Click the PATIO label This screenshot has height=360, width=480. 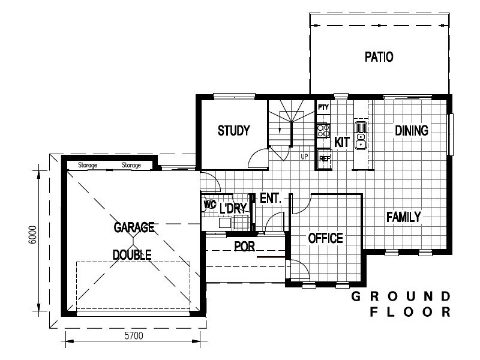click(x=379, y=58)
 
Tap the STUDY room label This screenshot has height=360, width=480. click(x=233, y=131)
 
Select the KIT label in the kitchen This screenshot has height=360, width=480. click(x=341, y=142)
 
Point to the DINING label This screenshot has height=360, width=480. click(x=411, y=131)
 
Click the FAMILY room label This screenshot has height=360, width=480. click(x=403, y=217)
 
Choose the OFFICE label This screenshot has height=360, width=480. click(x=325, y=238)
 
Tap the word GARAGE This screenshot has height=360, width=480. click(x=134, y=227)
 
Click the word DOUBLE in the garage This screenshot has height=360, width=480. click(x=132, y=254)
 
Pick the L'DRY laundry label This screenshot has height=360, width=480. click(x=233, y=209)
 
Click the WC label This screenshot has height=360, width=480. click(x=209, y=204)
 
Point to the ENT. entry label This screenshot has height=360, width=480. click(x=270, y=198)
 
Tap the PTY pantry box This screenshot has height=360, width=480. click(x=323, y=107)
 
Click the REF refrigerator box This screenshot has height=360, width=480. click(x=324, y=159)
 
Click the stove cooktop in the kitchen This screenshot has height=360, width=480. click(x=323, y=131)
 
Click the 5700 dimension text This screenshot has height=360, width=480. click(x=133, y=337)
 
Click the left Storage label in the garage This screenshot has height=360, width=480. click(x=88, y=165)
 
